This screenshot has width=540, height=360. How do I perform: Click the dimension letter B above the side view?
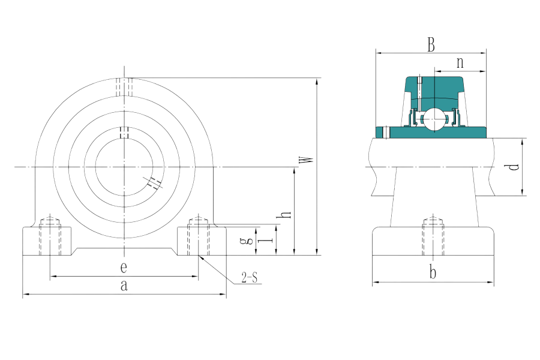coord(430,44)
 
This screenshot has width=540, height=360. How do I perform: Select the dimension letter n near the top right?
coord(460,62)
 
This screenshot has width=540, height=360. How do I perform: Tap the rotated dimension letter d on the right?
coord(512,167)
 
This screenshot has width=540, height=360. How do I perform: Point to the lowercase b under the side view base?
coord(433,273)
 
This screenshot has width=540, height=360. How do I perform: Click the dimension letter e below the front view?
coord(124,267)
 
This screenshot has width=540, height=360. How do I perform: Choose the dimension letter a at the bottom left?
coord(124,286)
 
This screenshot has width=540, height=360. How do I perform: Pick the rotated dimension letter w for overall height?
coord(306,160)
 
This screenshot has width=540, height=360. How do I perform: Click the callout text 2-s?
coord(249,277)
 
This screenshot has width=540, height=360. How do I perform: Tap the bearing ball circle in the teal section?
coord(434,118)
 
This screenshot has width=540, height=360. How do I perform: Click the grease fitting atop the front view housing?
coord(124,88)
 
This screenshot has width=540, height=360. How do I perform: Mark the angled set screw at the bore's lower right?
coord(154,182)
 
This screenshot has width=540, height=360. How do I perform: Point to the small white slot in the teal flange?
coord(387,132)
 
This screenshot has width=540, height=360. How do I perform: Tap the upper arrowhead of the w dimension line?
coord(317,81)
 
